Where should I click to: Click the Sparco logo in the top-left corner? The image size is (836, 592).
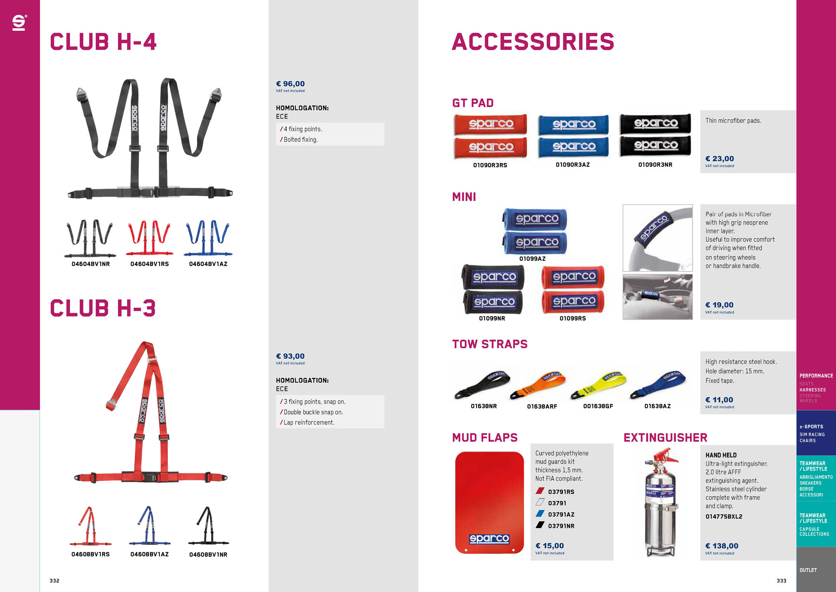point(19,22)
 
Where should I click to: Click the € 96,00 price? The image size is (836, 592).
point(290,84)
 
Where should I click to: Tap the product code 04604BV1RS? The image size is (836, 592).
point(150,264)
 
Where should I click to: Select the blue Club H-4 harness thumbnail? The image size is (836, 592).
point(208,238)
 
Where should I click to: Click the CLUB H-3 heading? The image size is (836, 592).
point(103,308)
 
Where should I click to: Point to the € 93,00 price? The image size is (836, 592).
point(290,356)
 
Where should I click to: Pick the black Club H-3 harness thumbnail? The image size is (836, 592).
point(208,525)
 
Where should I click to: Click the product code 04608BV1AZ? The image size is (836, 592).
point(150,554)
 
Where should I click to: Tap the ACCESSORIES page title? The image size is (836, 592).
point(533,41)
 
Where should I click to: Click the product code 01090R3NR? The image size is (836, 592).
point(656,165)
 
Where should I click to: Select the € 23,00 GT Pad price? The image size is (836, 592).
point(719,159)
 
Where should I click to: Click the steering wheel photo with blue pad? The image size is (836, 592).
point(658,238)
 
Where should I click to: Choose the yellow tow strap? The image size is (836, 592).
point(599,385)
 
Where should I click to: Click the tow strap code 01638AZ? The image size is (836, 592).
point(658,406)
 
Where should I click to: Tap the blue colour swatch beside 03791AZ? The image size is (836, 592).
point(540,514)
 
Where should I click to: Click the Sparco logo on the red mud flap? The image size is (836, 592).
point(489,539)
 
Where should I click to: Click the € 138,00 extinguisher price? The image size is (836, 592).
point(722,546)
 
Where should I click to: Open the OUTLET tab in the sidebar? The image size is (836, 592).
point(808,570)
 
